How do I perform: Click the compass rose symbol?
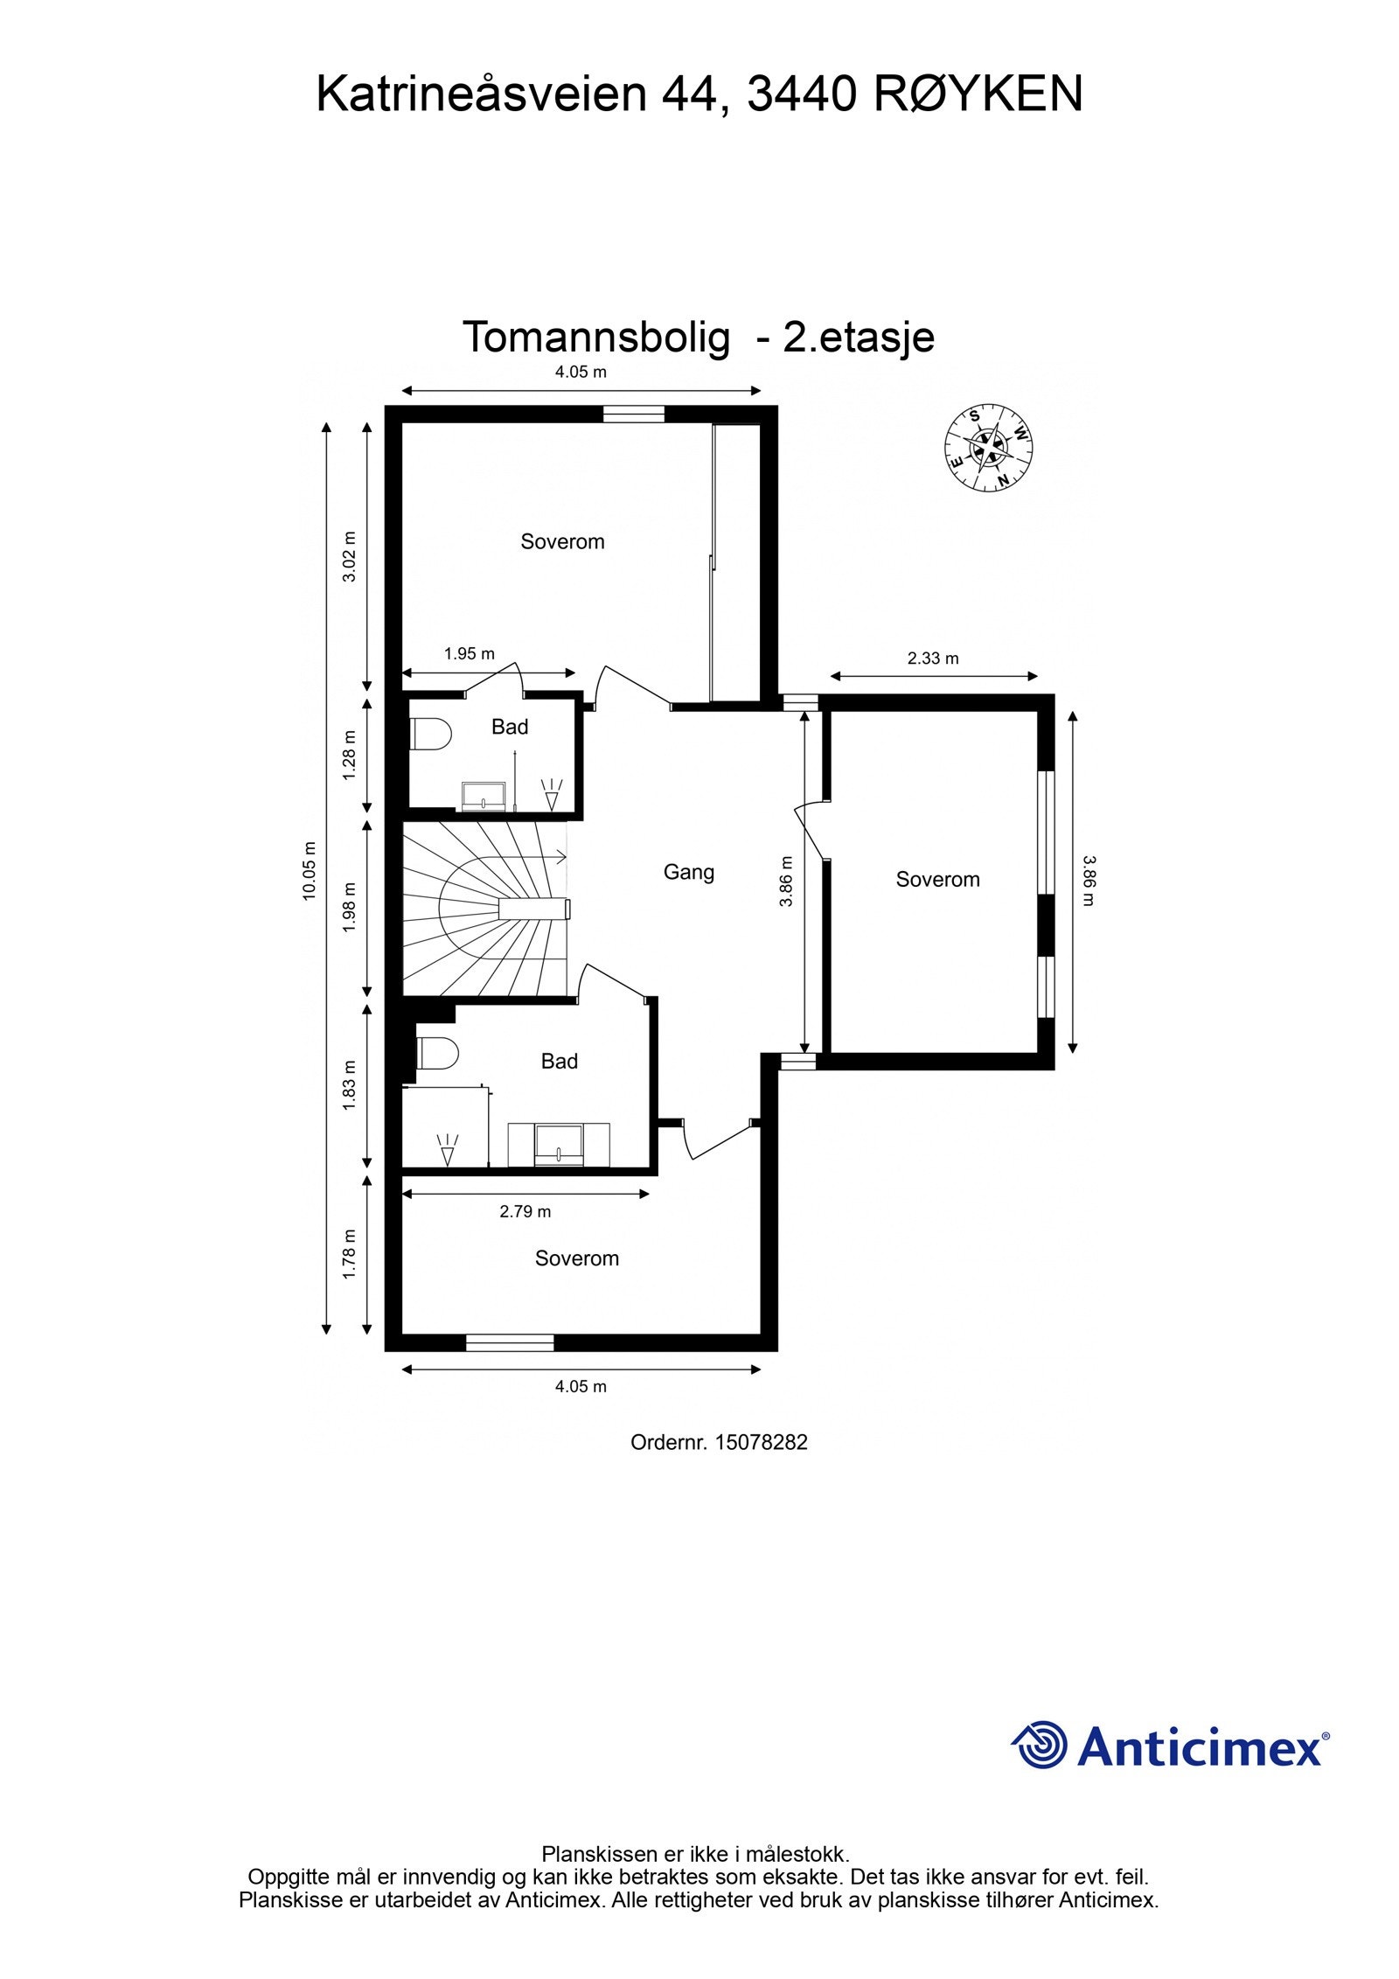(987, 447)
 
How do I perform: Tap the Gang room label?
(688, 872)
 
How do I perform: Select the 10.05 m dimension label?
(309, 871)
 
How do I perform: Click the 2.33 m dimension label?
(933, 659)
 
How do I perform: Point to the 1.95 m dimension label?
(469, 653)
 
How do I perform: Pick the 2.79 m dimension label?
(525, 1211)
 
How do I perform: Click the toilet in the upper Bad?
(428, 734)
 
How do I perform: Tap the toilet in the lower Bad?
(436, 1054)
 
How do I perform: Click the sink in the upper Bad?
(484, 796)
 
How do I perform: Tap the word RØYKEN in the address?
(978, 94)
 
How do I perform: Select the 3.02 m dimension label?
(349, 556)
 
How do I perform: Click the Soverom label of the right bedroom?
(937, 880)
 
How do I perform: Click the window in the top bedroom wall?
(633, 415)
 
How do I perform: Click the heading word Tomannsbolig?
(595, 337)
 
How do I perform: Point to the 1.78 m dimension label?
(349, 1254)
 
